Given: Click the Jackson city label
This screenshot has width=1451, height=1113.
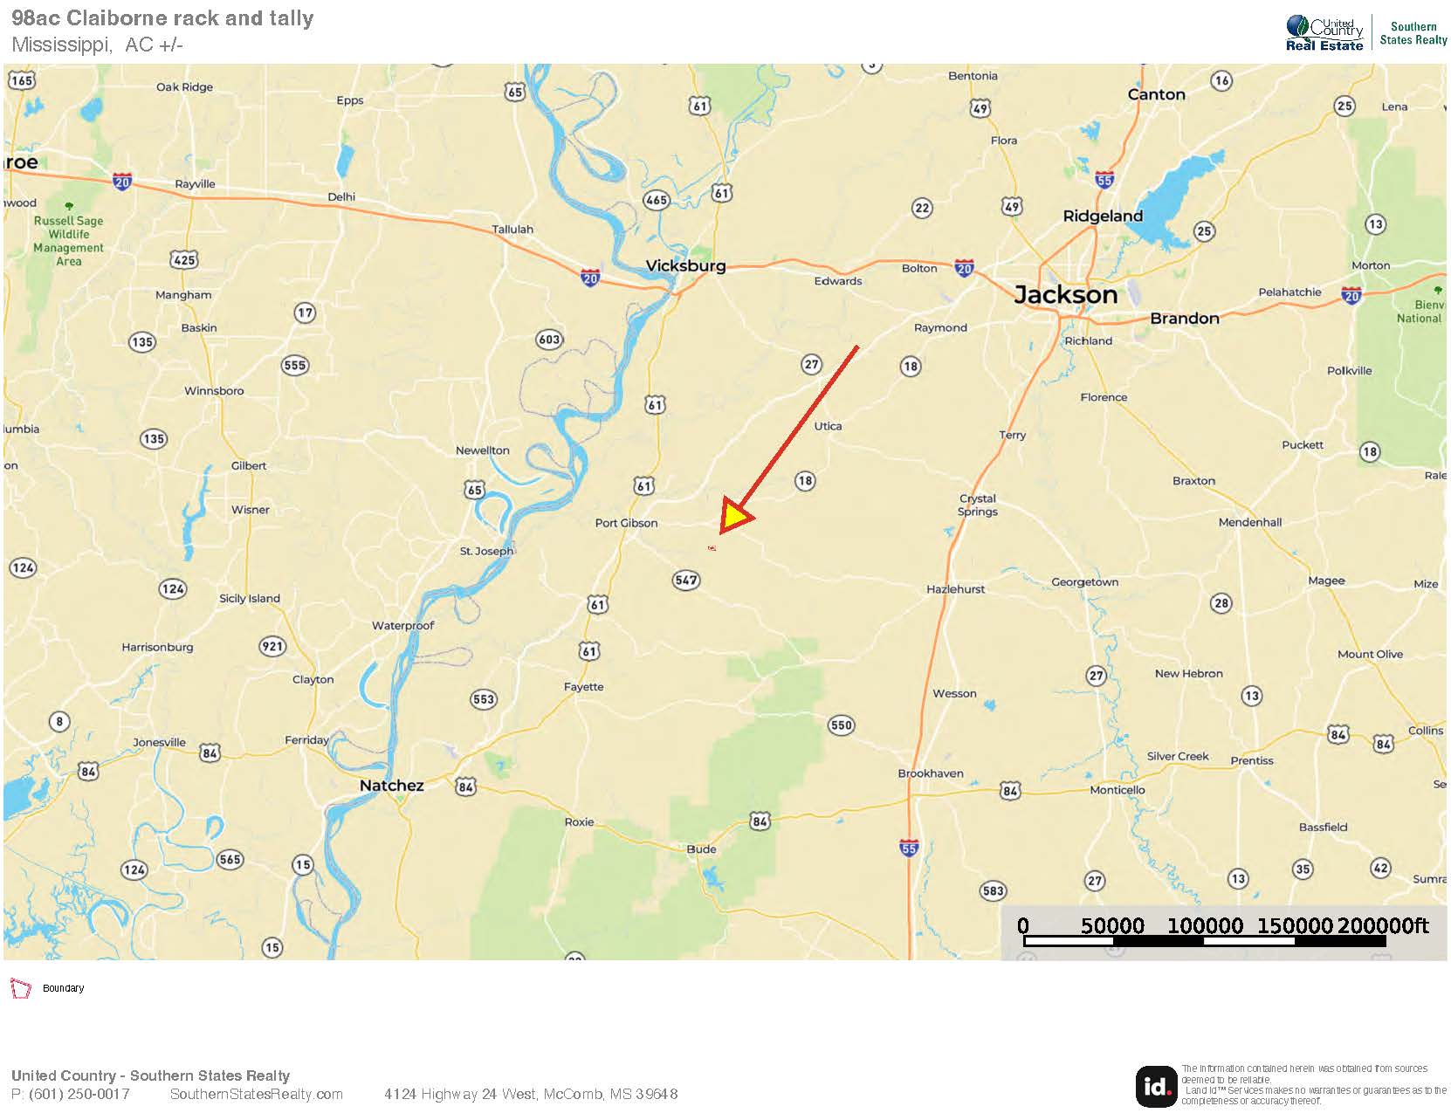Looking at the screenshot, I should (1065, 295).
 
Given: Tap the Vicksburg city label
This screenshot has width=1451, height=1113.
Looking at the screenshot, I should (685, 265).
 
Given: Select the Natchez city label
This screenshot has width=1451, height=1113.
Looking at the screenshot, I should (391, 786).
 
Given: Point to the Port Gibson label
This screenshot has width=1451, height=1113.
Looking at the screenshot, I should (626, 523).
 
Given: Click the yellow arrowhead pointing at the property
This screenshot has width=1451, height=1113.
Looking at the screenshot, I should (735, 518).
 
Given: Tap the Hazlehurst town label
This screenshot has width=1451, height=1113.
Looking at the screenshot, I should (955, 589).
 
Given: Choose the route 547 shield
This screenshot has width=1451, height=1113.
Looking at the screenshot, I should (686, 581).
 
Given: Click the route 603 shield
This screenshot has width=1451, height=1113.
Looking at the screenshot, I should (549, 340).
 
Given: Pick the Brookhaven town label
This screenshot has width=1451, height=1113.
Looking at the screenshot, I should (931, 773).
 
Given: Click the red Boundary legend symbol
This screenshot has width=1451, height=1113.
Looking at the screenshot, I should (20, 988).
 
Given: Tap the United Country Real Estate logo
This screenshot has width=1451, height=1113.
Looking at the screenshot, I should (1324, 34).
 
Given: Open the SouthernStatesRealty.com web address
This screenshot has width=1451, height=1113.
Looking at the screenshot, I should (257, 1095).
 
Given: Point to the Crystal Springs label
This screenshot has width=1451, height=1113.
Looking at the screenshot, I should (977, 505).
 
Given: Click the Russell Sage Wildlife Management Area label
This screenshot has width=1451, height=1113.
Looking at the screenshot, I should (68, 241).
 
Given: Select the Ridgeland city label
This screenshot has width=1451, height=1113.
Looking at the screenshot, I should (1102, 216).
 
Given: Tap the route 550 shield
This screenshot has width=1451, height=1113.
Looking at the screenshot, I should (841, 725).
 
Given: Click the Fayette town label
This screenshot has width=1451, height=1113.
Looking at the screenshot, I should (583, 687).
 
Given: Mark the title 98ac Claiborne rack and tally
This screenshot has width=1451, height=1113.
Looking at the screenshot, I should (162, 18).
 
